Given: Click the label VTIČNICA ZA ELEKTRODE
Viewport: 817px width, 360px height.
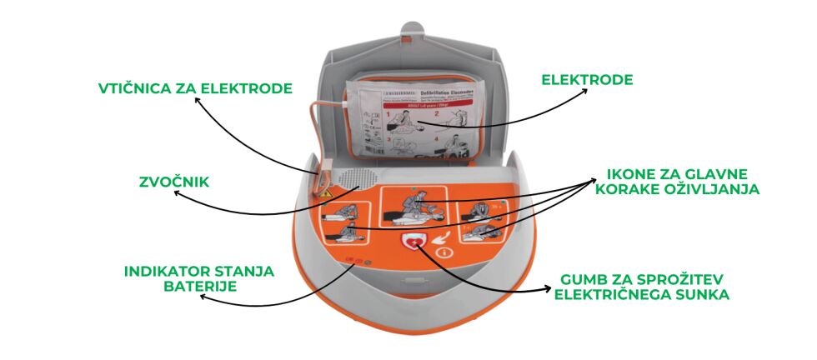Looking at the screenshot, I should point(194,87).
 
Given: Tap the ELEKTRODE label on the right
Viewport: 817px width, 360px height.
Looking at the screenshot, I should point(587,81).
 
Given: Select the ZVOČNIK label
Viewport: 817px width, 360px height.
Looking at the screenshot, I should point(173,180).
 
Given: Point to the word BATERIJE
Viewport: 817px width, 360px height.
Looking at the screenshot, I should point(198,287).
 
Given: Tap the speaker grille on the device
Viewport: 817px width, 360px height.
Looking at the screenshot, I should point(362,177).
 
